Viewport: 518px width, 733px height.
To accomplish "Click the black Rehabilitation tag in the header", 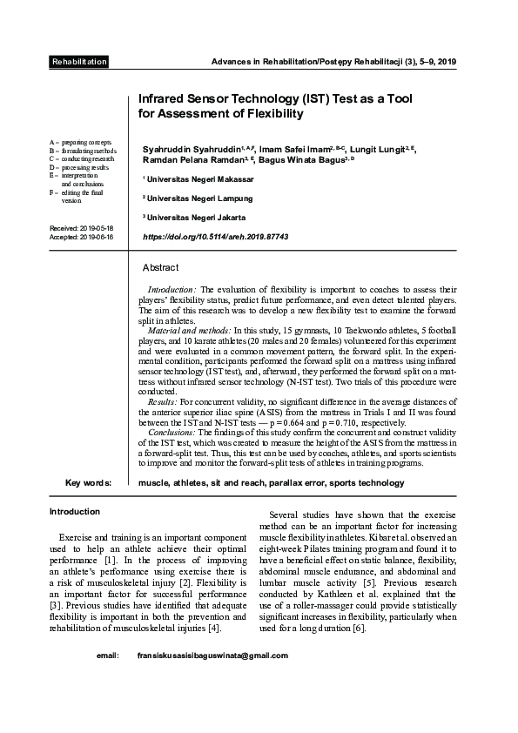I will pyautogui.click(x=79, y=62).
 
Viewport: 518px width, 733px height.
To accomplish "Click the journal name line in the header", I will pyautogui.click(x=335, y=62).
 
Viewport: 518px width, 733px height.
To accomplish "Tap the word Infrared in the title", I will pyautogui.click(x=168, y=99).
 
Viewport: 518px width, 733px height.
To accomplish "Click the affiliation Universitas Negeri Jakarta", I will pyautogui.click(x=196, y=217).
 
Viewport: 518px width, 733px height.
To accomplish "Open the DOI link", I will pyautogui.click(x=214, y=236).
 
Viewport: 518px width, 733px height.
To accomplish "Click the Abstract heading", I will pyautogui.click(x=160, y=267).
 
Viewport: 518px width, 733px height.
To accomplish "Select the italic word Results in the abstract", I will pyautogui.click(x=163, y=402).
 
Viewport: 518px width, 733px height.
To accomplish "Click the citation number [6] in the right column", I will pyautogui.click(x=357, y=628).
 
